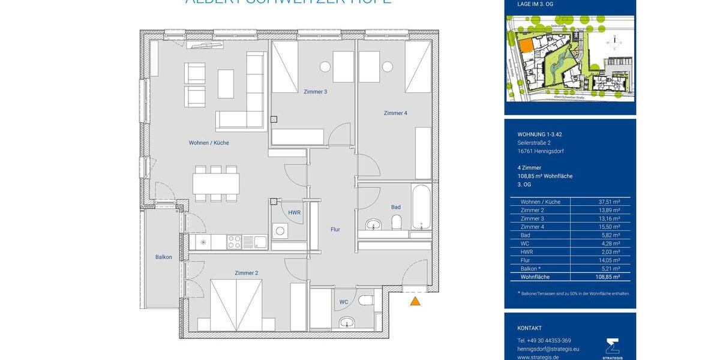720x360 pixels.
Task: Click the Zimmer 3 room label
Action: [x=315, y=92]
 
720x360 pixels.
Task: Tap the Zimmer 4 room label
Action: [x=396, y=113]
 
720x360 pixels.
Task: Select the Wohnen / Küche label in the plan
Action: [x=209, y=143]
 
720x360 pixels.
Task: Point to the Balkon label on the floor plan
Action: [x=164, y=257]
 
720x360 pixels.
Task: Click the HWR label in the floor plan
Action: [x=294, y=213]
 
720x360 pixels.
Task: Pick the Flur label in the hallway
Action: [x=335, y=229]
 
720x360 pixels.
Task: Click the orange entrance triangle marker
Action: [x=415, y=301]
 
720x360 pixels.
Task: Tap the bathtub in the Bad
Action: [x=421, y=208]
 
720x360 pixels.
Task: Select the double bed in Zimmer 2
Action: [x=236, y=304]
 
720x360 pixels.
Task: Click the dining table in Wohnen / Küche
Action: [x=216, y=183]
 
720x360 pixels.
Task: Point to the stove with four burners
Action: [x=235, y=242]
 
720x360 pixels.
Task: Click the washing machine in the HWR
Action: [x=280, y=231]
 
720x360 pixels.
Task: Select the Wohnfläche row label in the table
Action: [x=535, y=277]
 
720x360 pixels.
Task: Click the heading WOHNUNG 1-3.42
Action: [x=539, y=134]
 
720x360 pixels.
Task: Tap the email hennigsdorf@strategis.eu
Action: [x=548, y=349]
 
